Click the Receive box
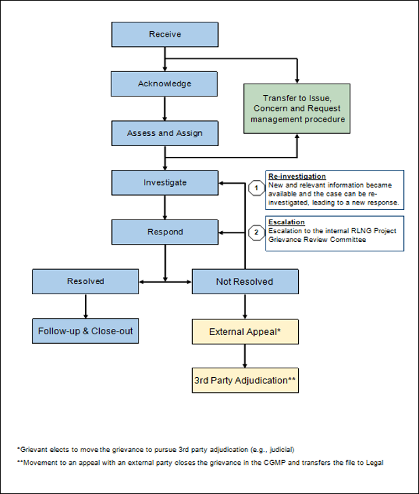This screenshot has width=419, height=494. tap(165, 35)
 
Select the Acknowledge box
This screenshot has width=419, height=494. tap(164, 84)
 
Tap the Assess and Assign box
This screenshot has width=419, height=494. tap(165, 133)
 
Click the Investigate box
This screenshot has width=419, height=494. tap(165, 183)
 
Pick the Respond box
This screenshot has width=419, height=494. tap(165, 232)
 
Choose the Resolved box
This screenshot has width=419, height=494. tap(86, 282)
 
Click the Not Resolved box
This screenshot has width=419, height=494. tap(245, 282)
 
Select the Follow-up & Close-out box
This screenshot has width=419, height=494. tap(86, 331)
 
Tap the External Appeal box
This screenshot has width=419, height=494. tap(245, 332)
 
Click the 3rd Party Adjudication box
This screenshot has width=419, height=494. tap(245, 381)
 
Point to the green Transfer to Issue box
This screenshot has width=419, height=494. tap(297, 109)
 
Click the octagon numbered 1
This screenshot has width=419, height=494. tap(256, 188)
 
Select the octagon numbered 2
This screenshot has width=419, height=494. tap(256, 232)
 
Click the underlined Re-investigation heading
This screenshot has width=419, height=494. tap(297, 177)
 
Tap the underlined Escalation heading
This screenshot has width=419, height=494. tap(287, 222)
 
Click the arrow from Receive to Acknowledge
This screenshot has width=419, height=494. tap(164, 59)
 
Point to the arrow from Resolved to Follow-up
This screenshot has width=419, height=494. tap(86, 306)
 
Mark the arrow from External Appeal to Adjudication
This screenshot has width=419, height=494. tap(245, 356)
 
